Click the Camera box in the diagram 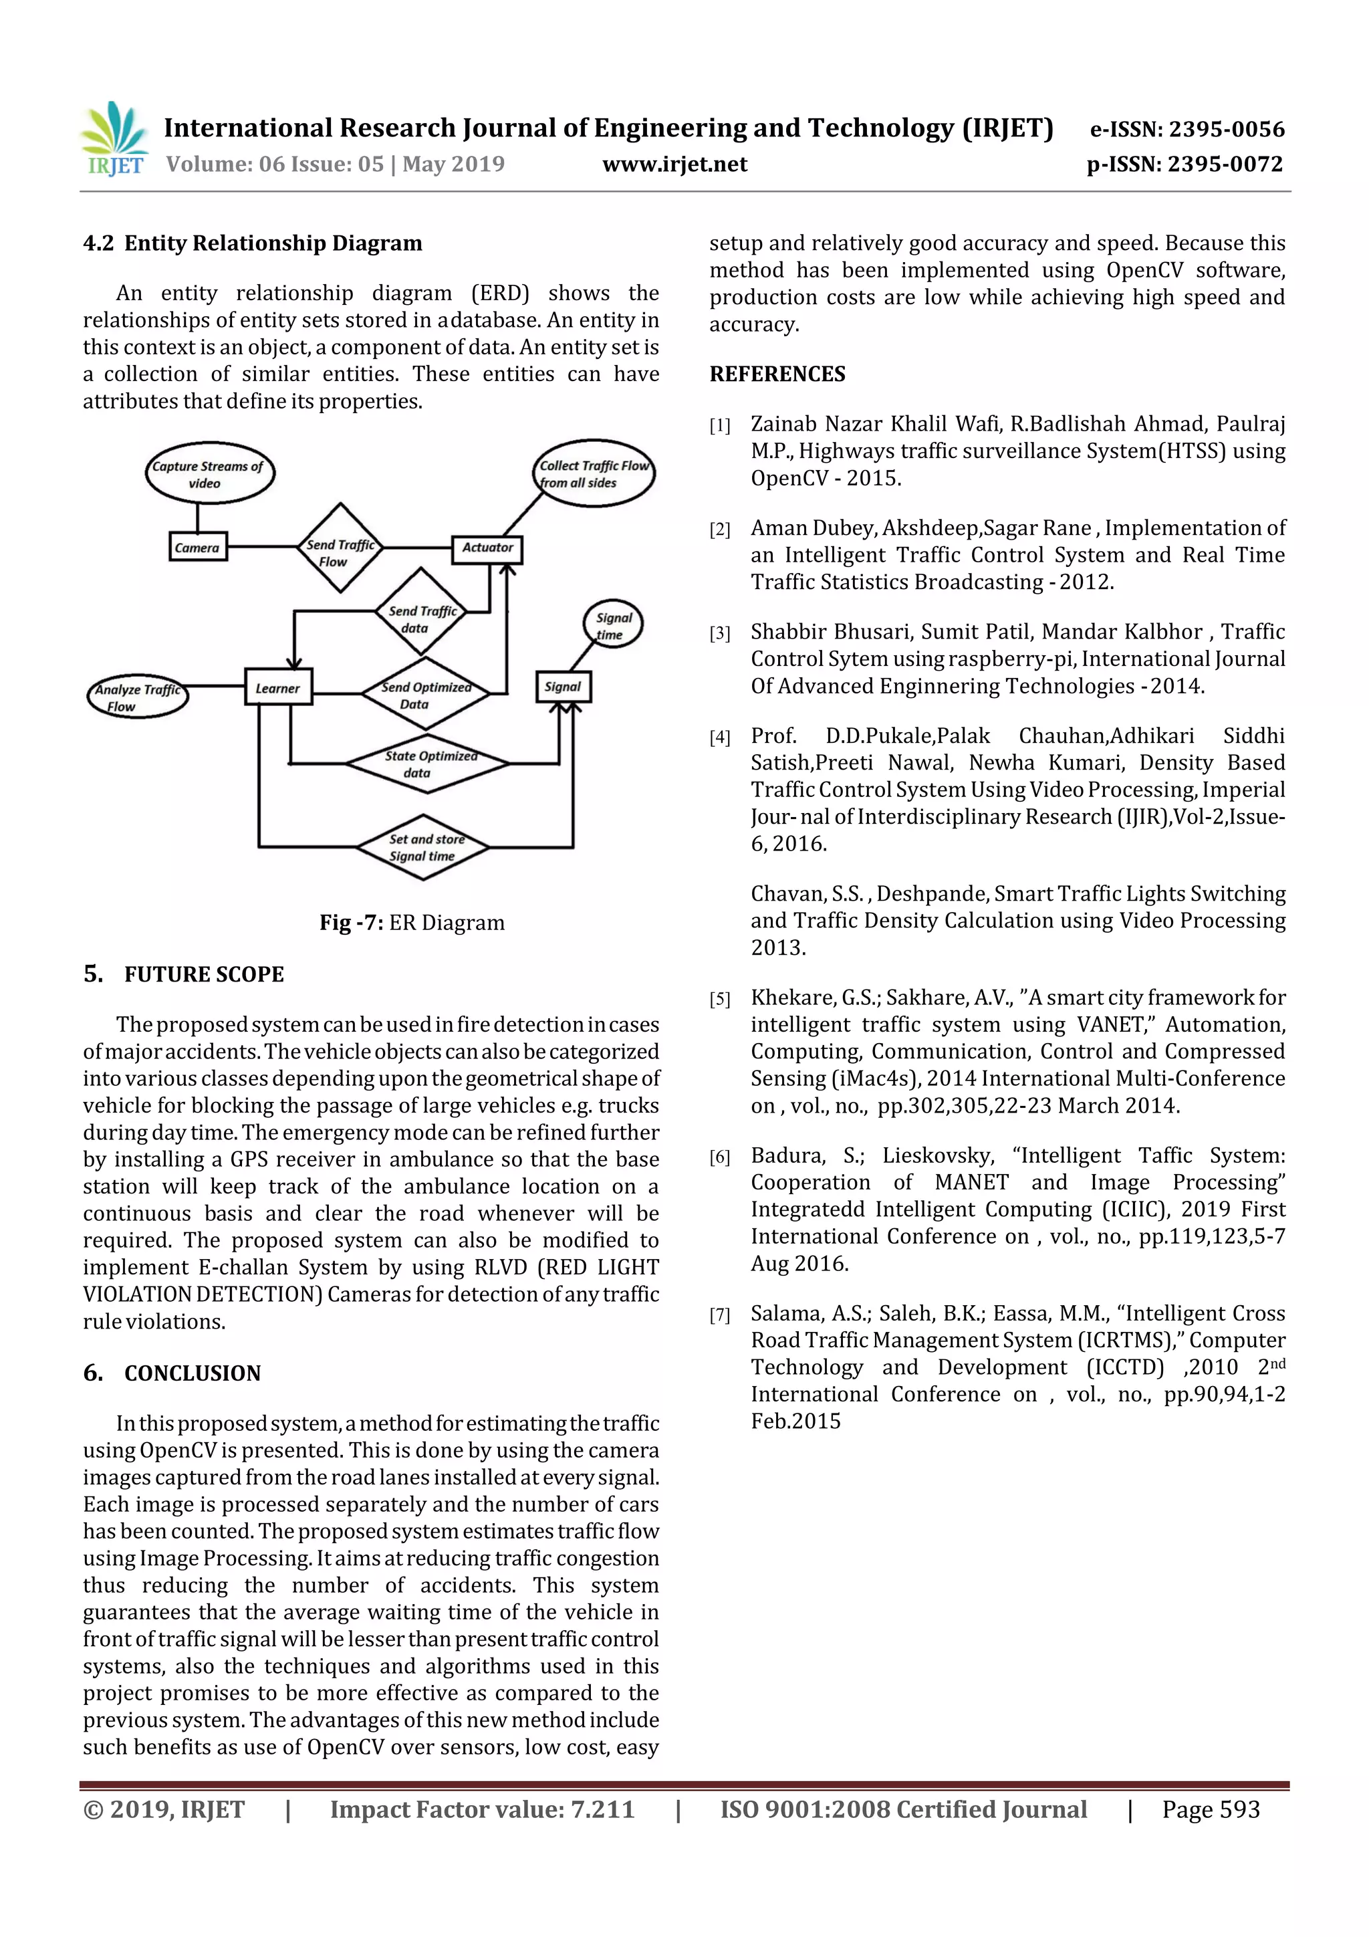tap(197, 548)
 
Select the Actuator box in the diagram tap(487, 548)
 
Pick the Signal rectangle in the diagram tap(563, 687)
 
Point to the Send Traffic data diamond tap(421, 612)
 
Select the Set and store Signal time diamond tap(423, 847)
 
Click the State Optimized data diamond tap(428, 764)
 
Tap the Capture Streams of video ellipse tap(209, 474)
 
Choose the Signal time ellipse tap(613, 625)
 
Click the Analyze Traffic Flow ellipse tap(138, 697)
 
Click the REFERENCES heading tap(777, 374)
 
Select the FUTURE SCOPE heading tap(203, 974)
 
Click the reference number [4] tap(719, 738)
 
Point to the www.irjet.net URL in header tap(674, 164)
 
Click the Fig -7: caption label tap(351, 923)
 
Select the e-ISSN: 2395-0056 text tap(1187, 129)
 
